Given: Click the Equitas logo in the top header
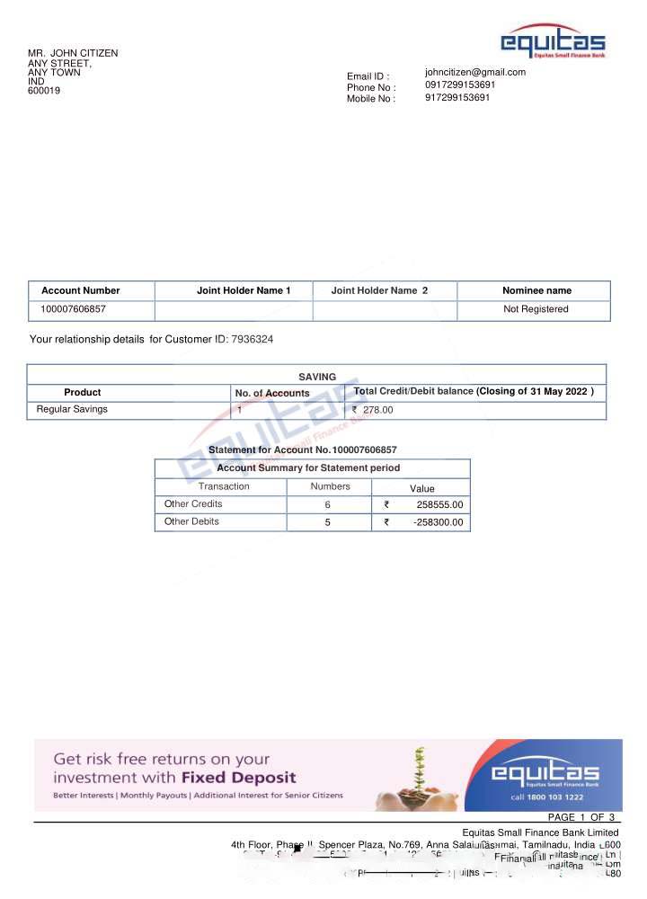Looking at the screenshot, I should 553,42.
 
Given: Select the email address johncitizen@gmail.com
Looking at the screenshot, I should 475,72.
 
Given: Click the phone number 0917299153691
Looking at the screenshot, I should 460,85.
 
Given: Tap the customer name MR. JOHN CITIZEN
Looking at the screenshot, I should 73,54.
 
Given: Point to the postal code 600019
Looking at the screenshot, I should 44,91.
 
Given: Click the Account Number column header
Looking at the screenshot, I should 81,290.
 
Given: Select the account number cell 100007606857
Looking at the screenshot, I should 74,309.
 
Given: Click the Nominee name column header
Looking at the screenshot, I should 536,290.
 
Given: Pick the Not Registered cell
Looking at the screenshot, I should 536,309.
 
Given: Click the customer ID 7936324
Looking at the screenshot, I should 253,340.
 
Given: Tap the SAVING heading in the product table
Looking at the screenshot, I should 317,377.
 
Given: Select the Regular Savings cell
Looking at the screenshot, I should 72,409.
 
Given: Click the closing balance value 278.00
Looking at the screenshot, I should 377,410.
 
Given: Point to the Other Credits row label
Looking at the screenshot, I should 193,504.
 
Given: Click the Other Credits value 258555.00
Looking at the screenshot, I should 440,505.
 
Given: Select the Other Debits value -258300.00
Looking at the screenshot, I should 439,522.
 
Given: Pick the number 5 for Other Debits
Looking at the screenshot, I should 328,522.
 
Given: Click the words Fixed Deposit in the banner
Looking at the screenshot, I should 238,778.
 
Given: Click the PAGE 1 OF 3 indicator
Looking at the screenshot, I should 581,817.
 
